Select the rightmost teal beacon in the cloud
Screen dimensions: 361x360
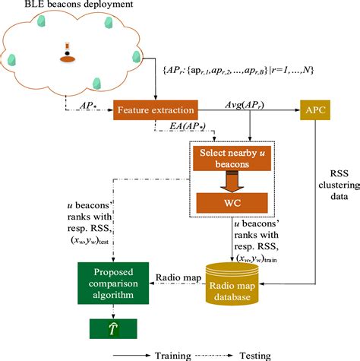click(136, 56)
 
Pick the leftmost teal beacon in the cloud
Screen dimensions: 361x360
click(11, 56)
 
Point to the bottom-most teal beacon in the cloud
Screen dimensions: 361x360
click(96, 83)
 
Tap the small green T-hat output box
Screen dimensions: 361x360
click(112, 328)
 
